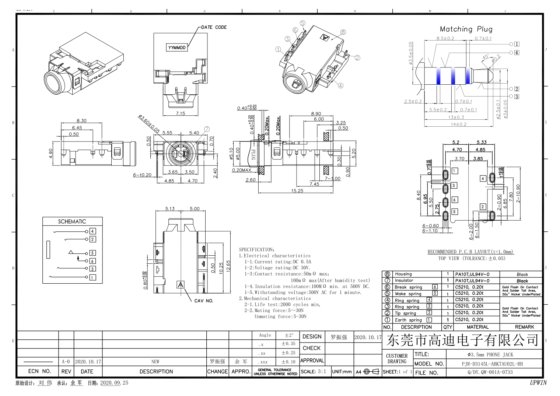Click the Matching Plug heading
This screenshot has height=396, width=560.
(466, 29)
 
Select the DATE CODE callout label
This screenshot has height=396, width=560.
(214, 27)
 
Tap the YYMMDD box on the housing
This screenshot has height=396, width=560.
(177, 48)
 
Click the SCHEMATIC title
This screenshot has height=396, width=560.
(72, 221)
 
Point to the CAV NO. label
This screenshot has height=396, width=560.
(204, 301)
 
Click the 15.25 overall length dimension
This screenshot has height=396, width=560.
(297, 190)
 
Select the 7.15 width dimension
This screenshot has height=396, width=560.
(180, 113)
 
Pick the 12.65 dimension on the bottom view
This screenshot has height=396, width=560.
(228, 267)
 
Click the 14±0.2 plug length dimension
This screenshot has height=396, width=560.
(458, 124)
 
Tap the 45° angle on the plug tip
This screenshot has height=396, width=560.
(486, 57)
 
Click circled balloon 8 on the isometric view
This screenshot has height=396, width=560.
(343, 32)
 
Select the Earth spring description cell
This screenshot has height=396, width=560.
(406, 320)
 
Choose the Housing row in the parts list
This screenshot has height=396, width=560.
(403, 274)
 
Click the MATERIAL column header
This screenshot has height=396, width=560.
(477, 327)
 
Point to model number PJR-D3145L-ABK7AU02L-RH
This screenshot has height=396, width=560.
(492, 364)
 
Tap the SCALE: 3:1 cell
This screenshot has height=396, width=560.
(313, 372)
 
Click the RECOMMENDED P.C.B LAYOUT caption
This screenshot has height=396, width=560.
(470, 252)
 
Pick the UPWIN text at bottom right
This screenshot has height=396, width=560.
(538, 383)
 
